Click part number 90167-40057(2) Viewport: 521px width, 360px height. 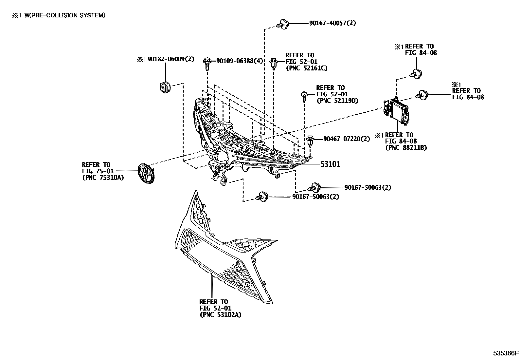point(332,23)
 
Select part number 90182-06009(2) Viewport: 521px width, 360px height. point(171,59)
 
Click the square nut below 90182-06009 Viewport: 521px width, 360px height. point(164,87)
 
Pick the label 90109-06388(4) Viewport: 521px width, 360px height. point(240,61)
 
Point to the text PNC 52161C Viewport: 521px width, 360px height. point(306,68)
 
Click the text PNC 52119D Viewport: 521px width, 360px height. point(337,101)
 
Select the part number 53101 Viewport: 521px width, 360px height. point(330,164)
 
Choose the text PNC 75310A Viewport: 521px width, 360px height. point(103,178)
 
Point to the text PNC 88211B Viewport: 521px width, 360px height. point(406,148)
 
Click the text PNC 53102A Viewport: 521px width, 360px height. point(221,315)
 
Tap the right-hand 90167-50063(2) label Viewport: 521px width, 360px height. point(368,187)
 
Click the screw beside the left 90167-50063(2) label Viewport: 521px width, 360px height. point(261,196)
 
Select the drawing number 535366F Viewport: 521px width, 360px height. point(506,353)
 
